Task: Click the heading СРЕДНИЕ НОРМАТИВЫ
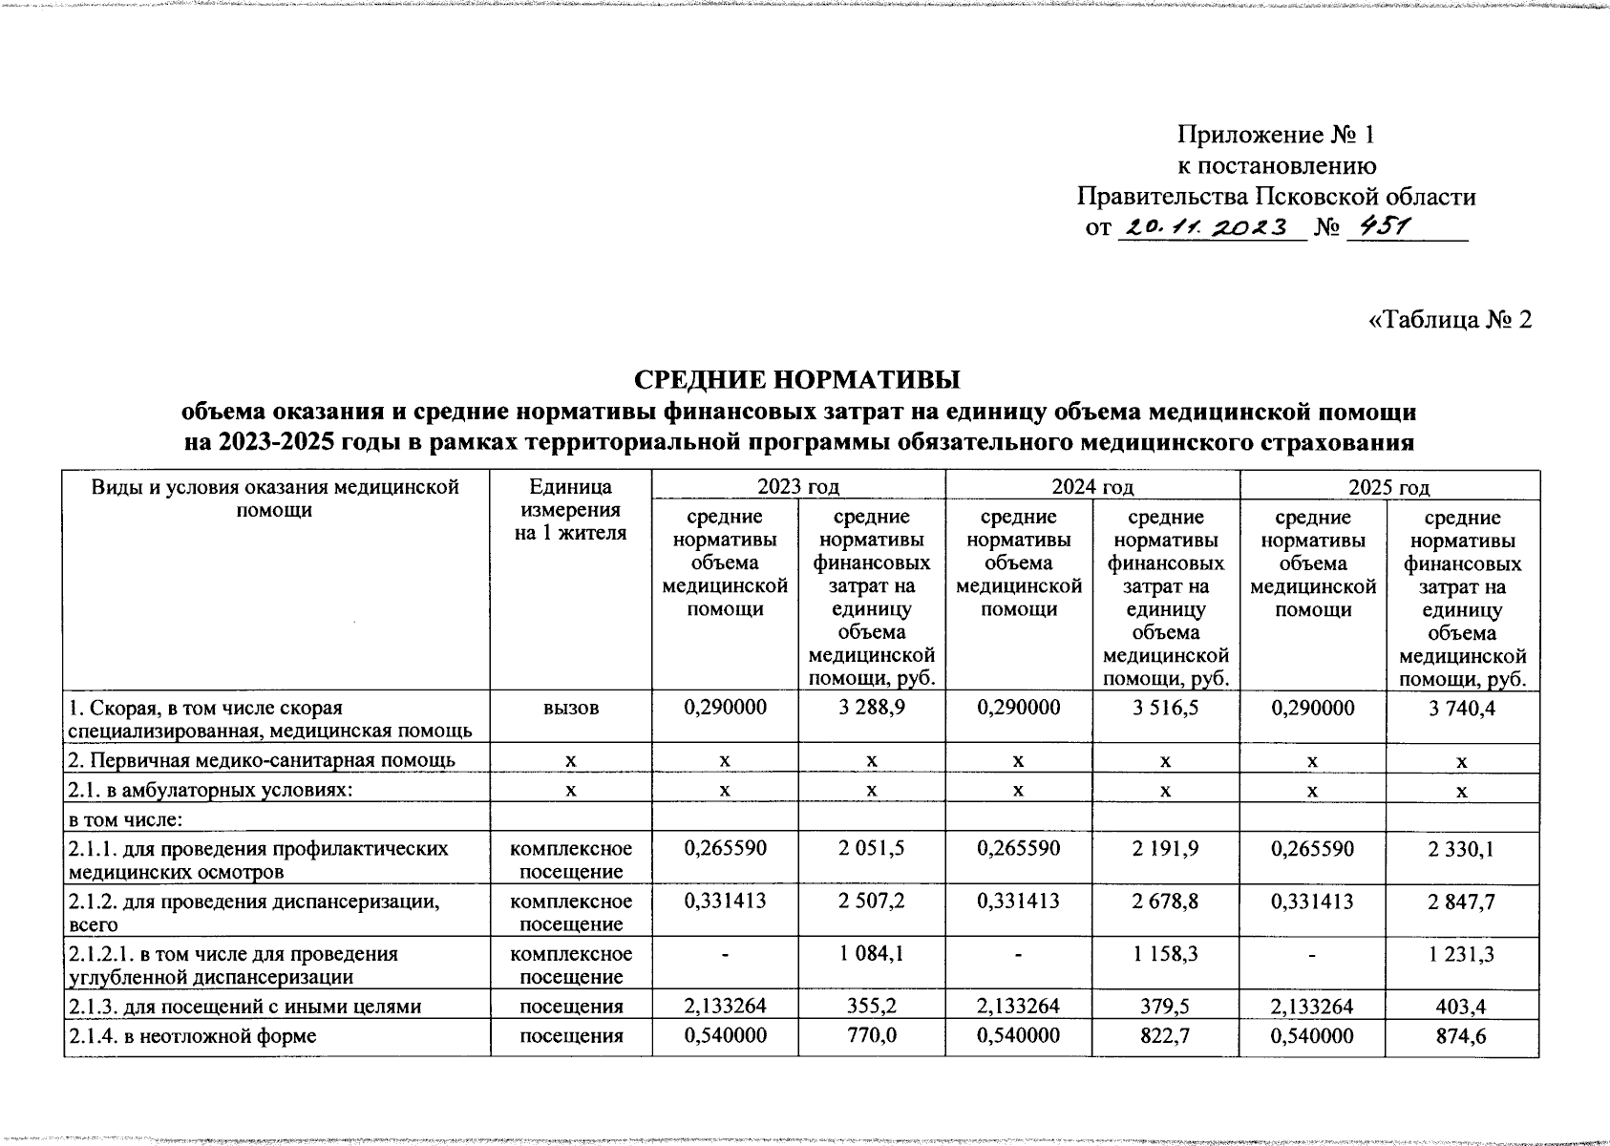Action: click(797, 379)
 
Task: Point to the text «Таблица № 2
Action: click(1450, 319)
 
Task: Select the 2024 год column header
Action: click(1092, 487)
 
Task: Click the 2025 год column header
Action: click(1388, 487)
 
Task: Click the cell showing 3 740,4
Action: click(1462, 708)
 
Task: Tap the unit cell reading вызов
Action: click(570, 708)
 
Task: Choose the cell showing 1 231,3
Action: click(1462, 954)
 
